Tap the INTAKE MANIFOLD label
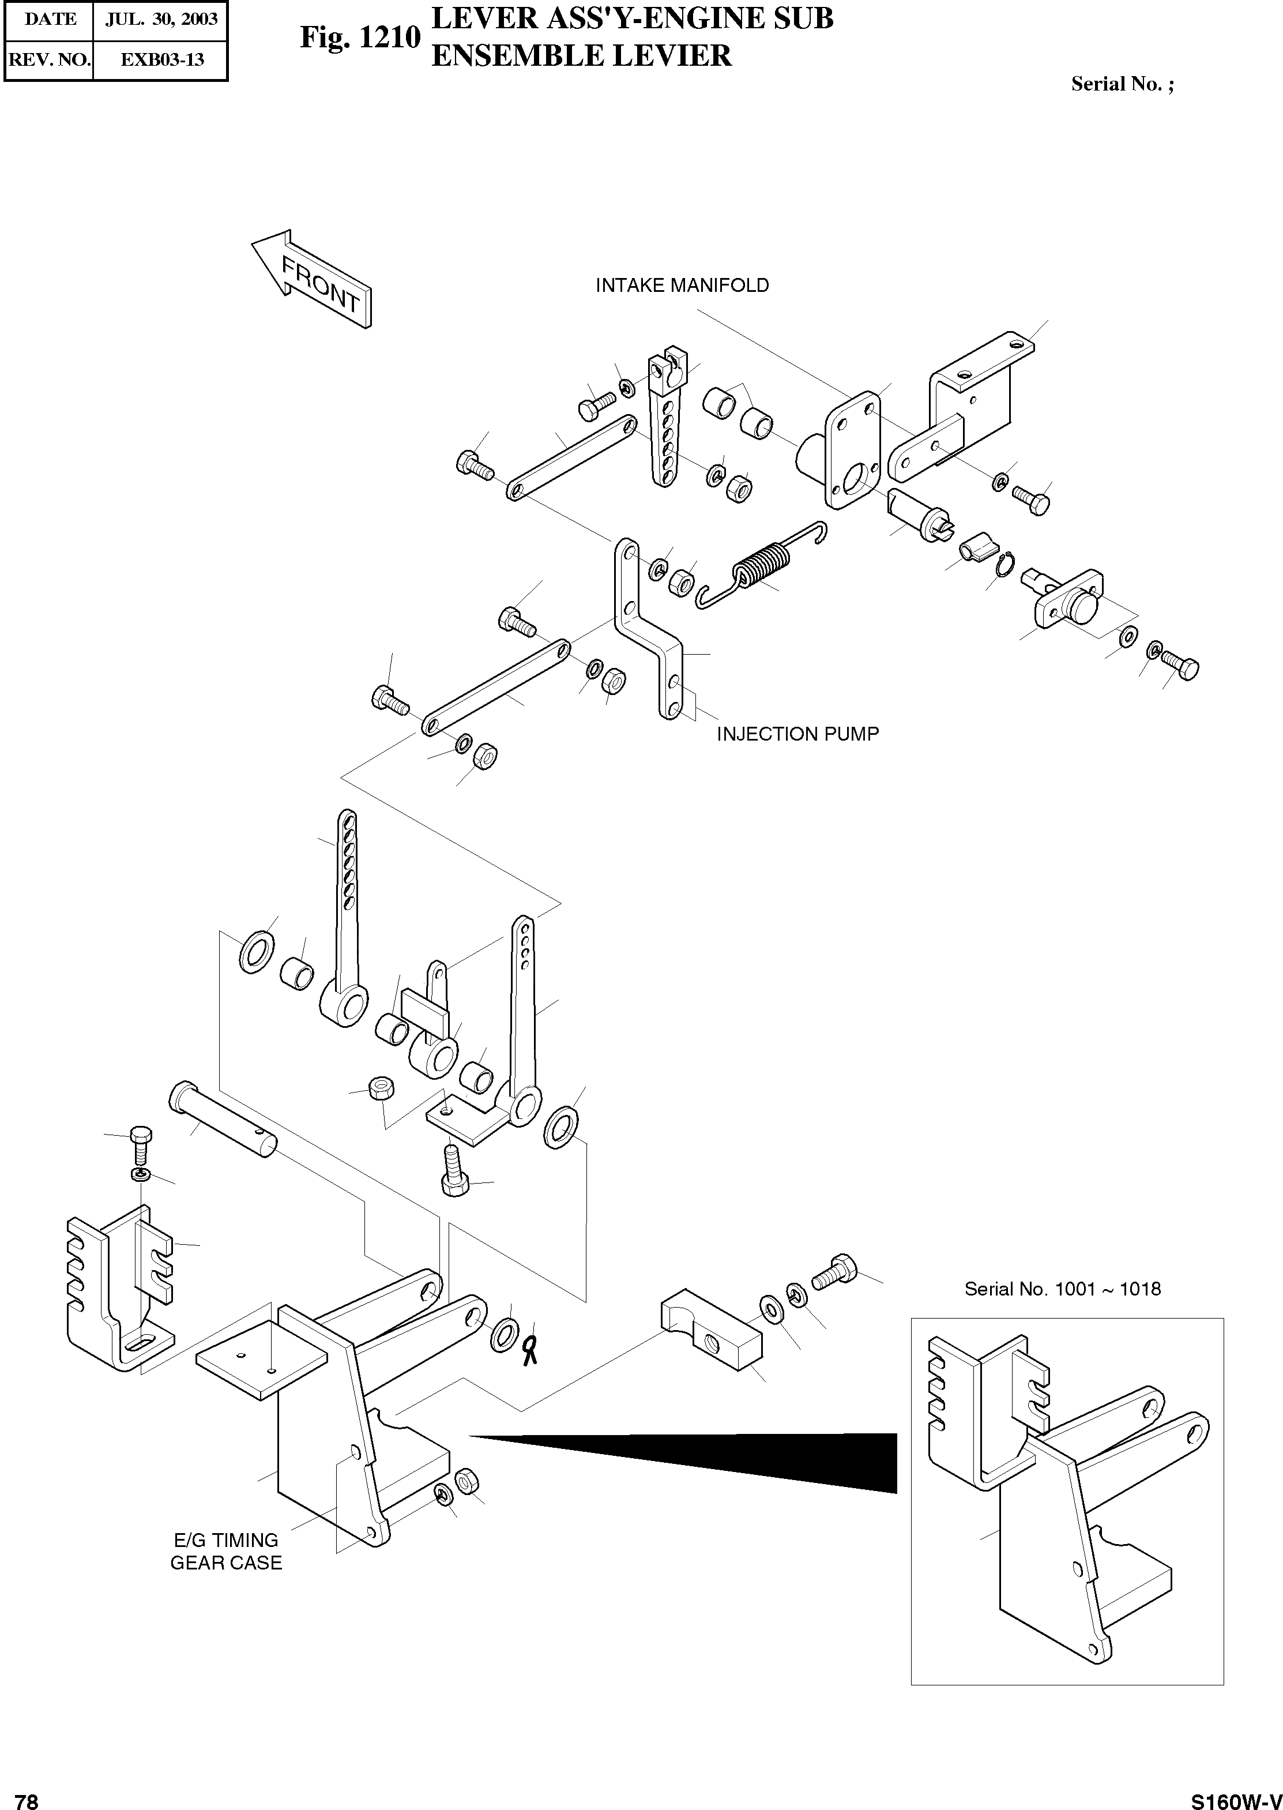[682, 285]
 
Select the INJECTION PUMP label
[797, 734]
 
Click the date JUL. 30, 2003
[161, 20]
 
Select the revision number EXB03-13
[161, 59]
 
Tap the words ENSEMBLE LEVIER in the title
[581, 56]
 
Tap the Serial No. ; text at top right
[1122, 85]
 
